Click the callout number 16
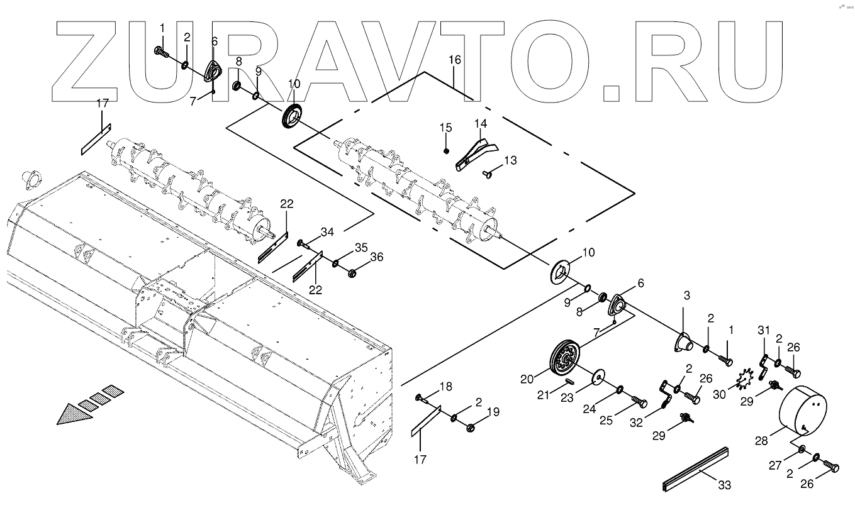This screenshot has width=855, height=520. [454, 60]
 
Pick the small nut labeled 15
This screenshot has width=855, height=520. [446, 150]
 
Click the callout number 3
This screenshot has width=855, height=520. [686, 296]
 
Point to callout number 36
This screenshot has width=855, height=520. [376, 257]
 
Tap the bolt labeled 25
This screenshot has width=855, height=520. [639, 402]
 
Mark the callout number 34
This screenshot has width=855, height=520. [327, 233]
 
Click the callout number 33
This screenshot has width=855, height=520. [725, 485]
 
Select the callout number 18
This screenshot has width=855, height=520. [445, 385]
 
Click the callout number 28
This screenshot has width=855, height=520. [761, 441]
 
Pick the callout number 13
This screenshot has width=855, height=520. [510, 160]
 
